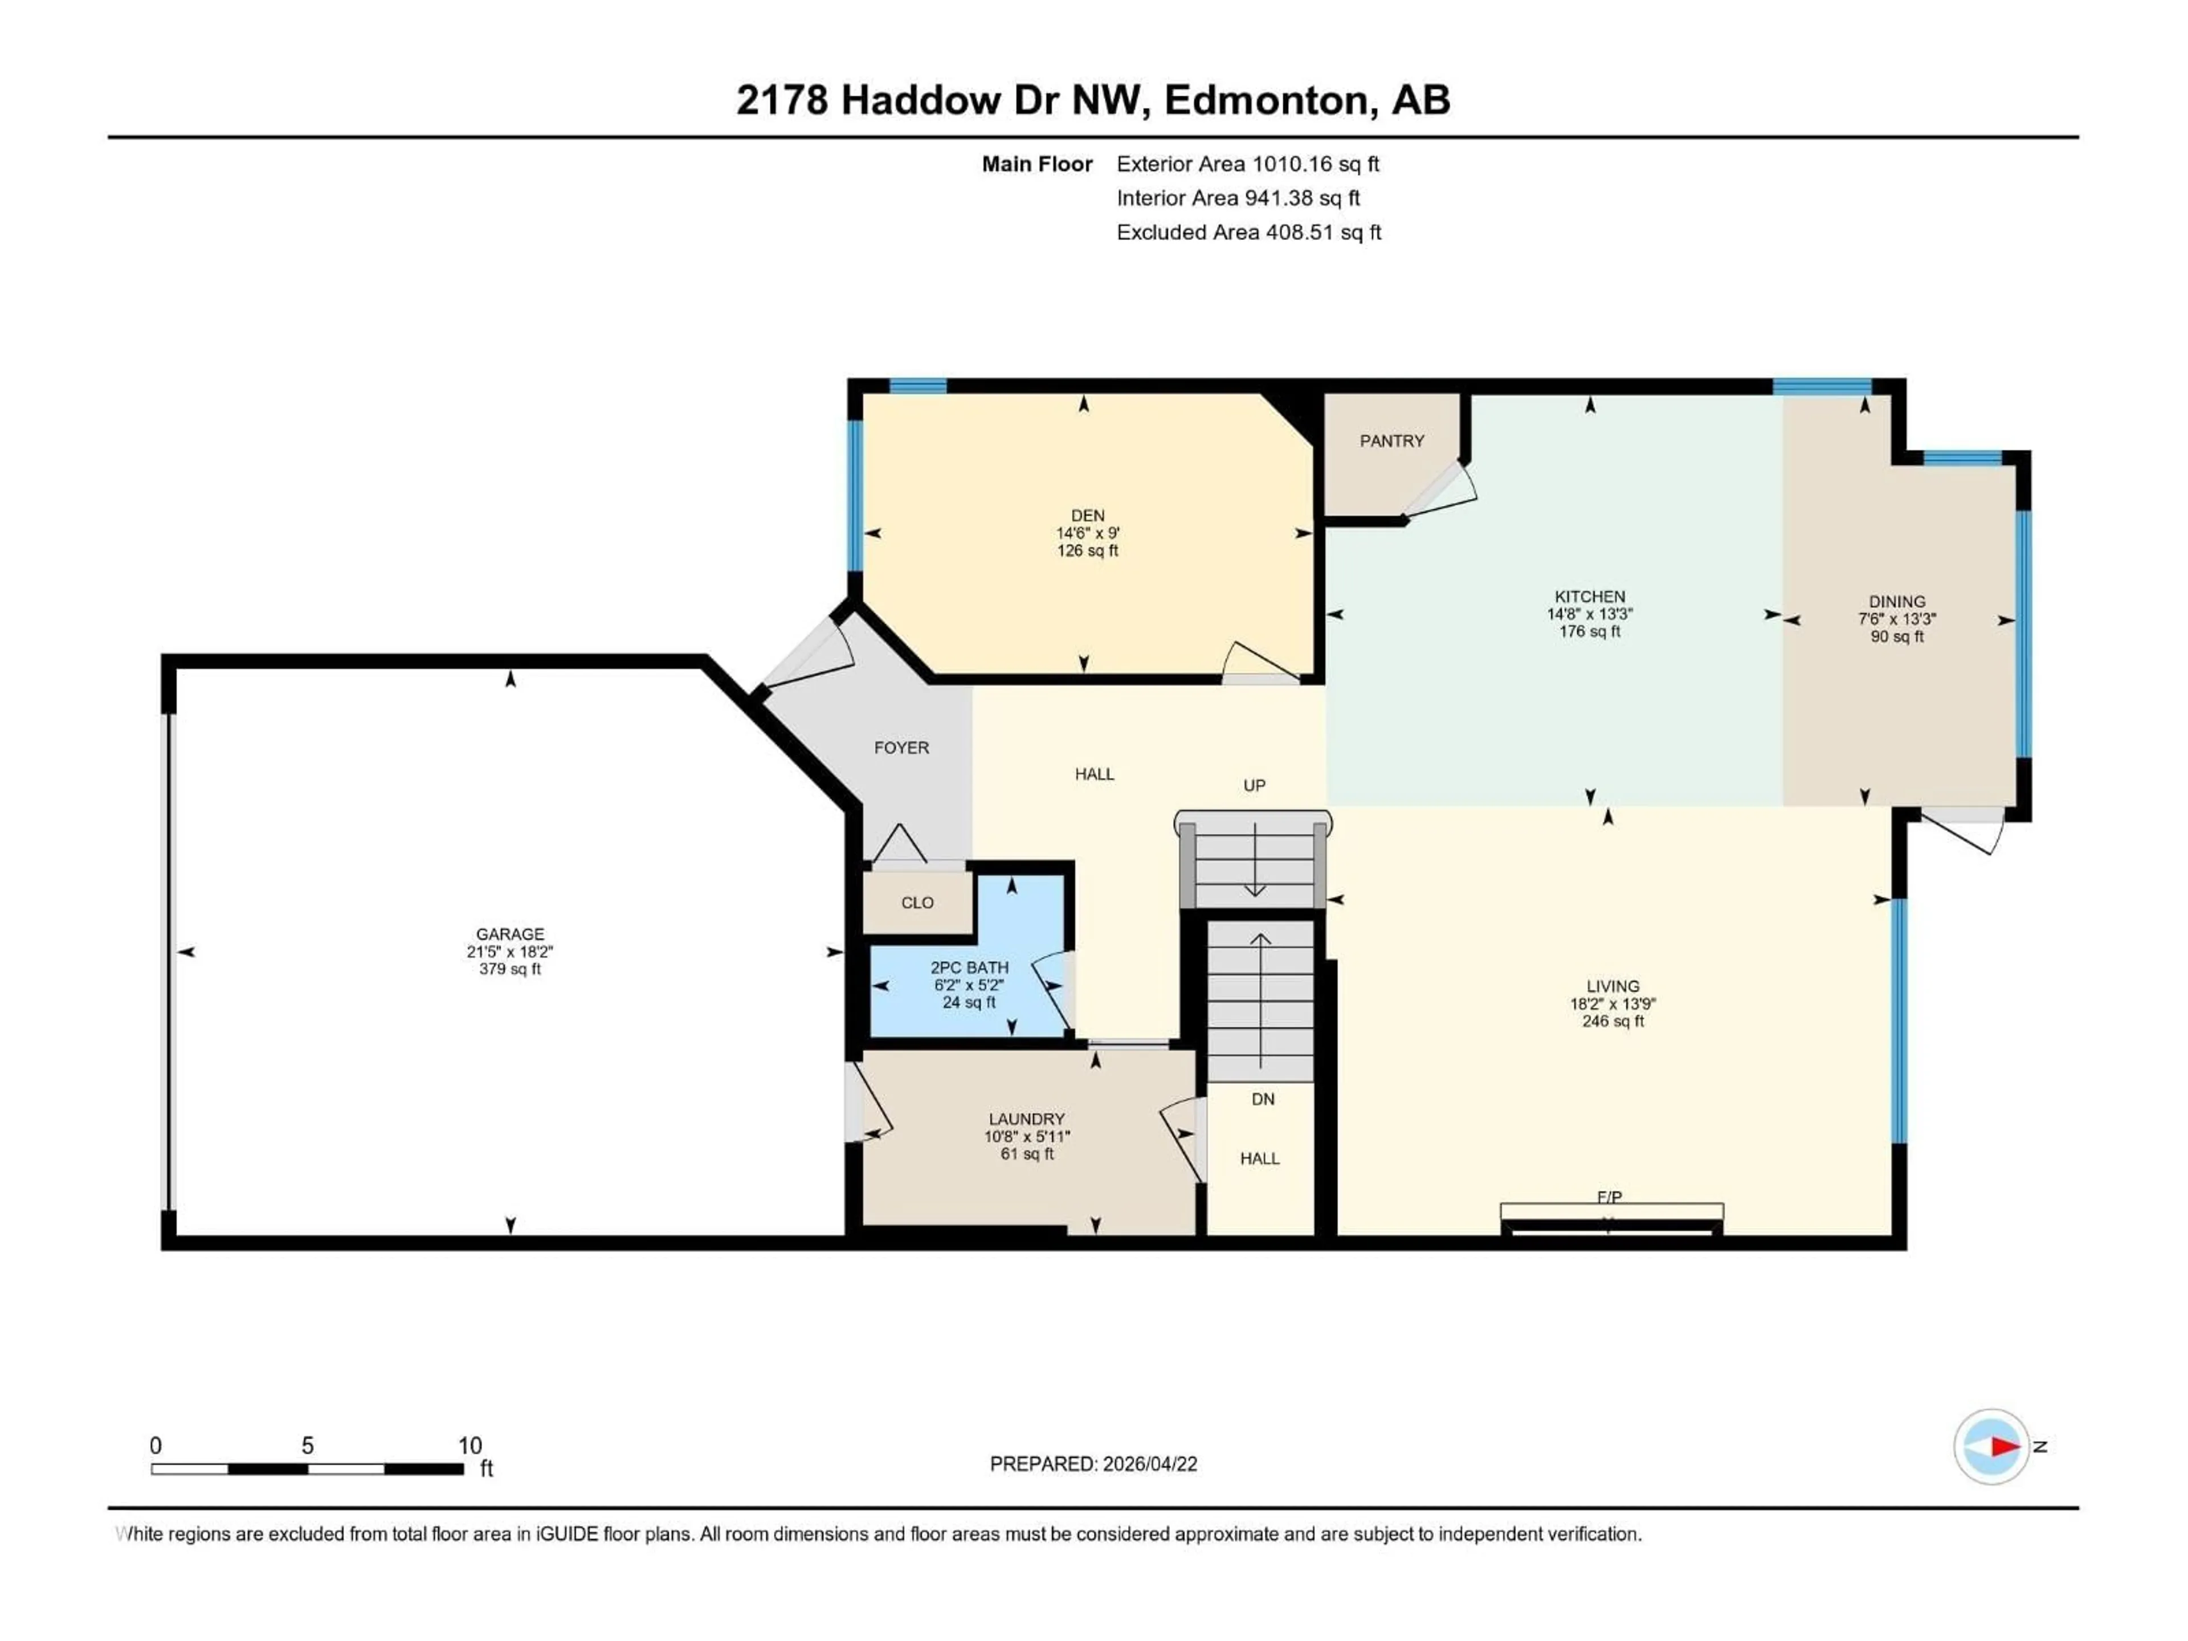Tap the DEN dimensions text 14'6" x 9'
tap(1087, 533)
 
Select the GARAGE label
tap(509, 934)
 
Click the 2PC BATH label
tap(969, 968)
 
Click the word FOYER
tap(901, 748)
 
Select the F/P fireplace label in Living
tap(1609, 1197)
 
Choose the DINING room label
tap(1896, 601)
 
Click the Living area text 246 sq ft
tap(1613, 1021)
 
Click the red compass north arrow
tap(2005, 1446)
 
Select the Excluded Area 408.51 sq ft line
tap(1248, 232)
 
